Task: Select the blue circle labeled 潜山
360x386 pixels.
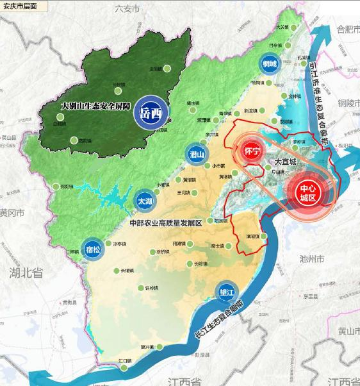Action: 197,154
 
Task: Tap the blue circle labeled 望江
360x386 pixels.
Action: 225,290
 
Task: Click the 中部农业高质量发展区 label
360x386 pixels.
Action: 165,223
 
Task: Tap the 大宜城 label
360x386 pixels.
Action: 286,162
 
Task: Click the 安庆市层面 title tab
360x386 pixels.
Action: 20,6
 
